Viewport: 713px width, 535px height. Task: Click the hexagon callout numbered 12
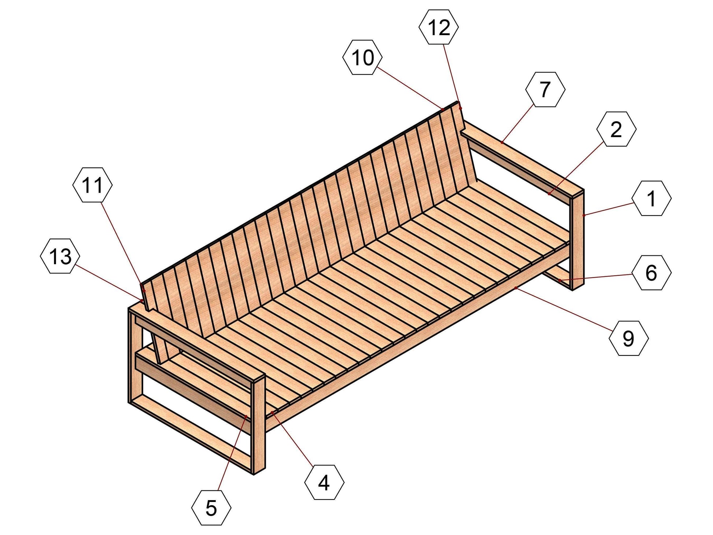439,27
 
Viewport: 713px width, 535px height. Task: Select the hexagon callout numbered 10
363,58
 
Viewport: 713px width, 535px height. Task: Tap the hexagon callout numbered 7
545,89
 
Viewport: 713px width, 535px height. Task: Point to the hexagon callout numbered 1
651,198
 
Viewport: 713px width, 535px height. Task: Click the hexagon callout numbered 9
629,338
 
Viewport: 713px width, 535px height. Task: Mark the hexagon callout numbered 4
324,482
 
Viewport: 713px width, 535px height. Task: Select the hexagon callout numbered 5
211,508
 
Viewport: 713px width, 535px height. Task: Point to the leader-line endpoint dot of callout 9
516,288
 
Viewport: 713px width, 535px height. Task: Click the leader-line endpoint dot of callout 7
502,142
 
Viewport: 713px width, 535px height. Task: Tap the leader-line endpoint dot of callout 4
272,412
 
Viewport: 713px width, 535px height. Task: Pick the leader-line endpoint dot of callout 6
559,280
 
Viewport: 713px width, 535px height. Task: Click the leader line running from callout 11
123,246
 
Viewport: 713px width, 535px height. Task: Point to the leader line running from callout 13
110,283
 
